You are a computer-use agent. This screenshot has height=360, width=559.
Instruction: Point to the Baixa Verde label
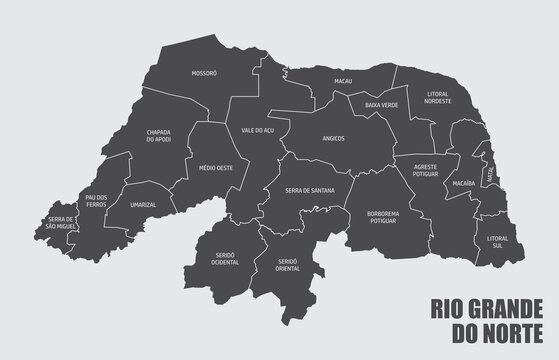[x=381, y=105]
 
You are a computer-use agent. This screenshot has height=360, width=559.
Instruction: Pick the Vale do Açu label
[x=258, y=130]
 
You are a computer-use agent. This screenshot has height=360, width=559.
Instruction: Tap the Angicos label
[x=334, y=140]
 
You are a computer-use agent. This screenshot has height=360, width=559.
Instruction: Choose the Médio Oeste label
[x=216, y=167]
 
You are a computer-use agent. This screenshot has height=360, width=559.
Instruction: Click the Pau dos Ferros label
[x=96, y=201]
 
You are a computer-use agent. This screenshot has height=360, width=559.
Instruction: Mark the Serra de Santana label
[x=310, y=190]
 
